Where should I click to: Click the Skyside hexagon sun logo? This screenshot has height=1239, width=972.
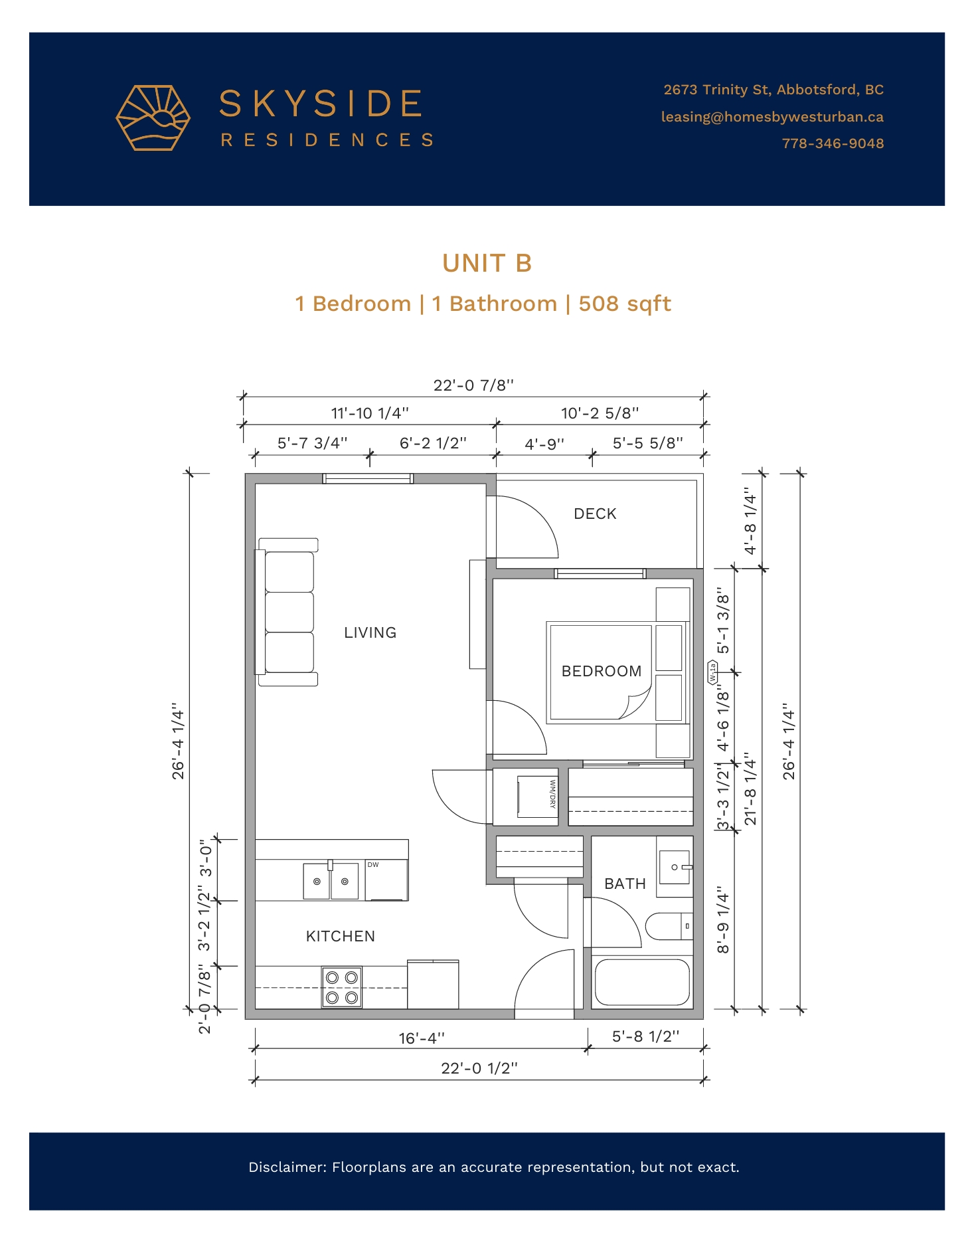click(x=153, y=118)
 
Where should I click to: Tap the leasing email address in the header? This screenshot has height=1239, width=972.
click(x=772, y=117)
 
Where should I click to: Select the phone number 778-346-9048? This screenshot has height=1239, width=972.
click(x=833, y=143)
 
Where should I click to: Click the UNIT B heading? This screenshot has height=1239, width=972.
click(x=487, y=263)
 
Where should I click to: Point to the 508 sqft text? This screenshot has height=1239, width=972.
click(x=625, y=304)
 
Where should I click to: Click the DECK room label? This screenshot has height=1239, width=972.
click(x=595, y=514)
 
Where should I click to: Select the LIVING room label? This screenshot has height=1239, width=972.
click(x=370, y=632)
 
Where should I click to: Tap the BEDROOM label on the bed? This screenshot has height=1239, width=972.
click(x=602, y=671)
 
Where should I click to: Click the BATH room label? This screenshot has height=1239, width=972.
click(x=625, y=884)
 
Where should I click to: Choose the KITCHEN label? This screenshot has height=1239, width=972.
click(x=341, y=936)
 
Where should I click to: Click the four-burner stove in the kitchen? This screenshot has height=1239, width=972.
click(x=342, y=987)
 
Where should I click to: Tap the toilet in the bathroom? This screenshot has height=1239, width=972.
click(x=669, y=926)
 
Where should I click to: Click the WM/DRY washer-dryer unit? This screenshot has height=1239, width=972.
click(x=537, y=797)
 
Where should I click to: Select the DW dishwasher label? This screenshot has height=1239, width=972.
click(x=373, y=864)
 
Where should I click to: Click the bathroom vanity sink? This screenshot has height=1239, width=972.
click(x=675, y=868)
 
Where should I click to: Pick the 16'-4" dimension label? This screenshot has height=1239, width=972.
click(x=422, y=1038)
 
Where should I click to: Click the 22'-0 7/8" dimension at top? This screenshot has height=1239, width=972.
click(x=473, y=385)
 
